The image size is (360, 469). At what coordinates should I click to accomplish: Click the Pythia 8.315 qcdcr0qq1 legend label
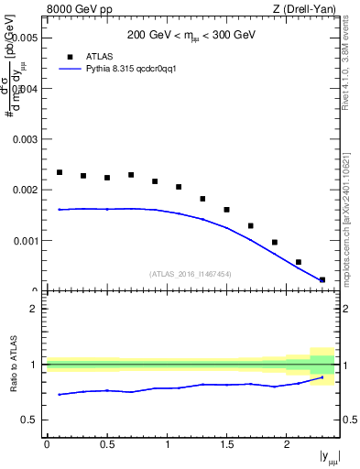tap(125, 68)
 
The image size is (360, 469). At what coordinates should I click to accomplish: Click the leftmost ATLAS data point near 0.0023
tap(60, 172)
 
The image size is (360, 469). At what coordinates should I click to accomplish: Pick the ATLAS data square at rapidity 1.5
tap(226, 210)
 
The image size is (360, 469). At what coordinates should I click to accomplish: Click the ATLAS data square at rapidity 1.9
tap(275, 243)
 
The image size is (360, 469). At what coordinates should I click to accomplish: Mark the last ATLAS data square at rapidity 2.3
tap(322, 279)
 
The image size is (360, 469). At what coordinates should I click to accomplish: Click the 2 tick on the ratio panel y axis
tap(34, 309)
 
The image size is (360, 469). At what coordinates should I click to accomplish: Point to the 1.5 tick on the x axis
tap(226, 444)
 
